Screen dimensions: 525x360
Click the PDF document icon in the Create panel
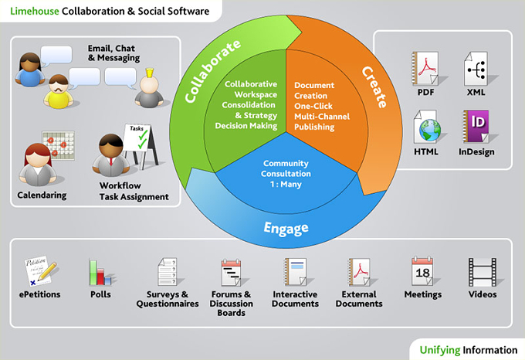[425, 69]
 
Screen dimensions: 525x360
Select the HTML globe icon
[426, 127]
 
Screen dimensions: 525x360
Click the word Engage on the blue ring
[286, 229]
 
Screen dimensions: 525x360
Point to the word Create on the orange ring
[374, 87]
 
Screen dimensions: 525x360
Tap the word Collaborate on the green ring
[212, 71]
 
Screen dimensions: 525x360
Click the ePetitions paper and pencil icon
[40, 271]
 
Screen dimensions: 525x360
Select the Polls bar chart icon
[100, 272]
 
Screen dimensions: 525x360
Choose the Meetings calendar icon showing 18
[422, 271]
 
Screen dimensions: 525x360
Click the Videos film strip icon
[482, 272]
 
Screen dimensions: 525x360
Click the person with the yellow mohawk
[149, 89]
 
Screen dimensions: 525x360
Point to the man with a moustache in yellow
[58, 91]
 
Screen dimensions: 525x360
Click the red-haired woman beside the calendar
[38, 165]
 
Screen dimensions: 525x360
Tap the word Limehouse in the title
[35, 11]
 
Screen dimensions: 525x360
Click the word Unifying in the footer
[440, 350]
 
